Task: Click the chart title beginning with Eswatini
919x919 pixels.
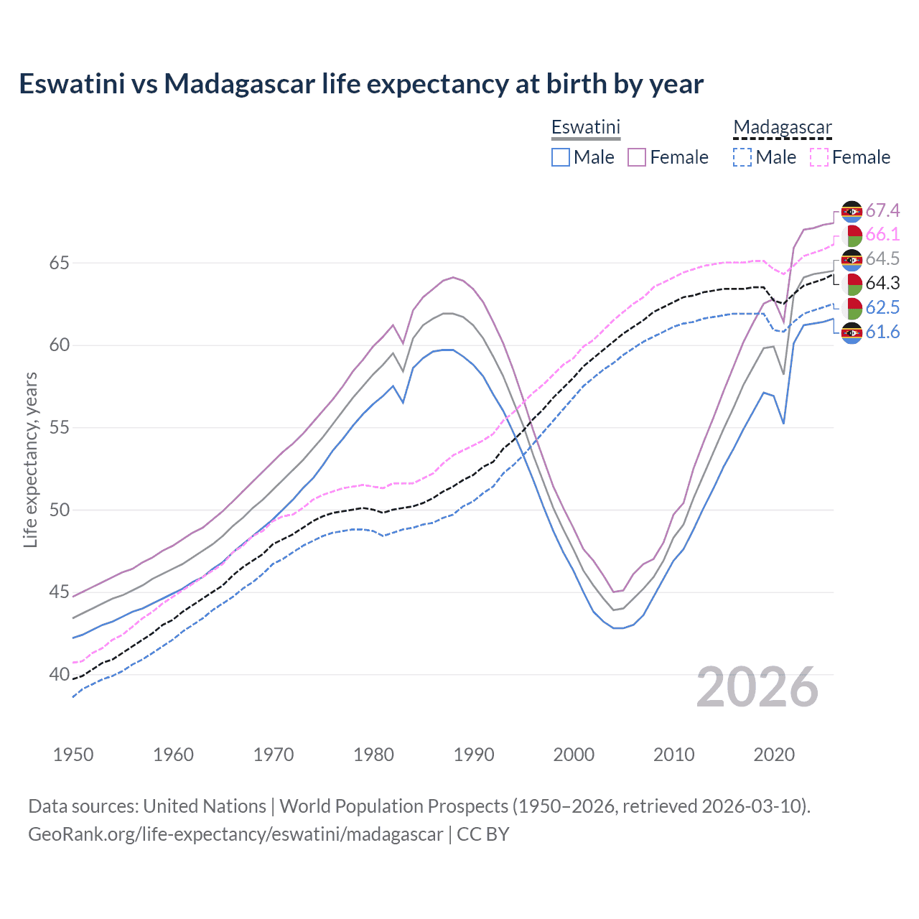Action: click(361, 84)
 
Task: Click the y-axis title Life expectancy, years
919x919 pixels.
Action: click(30, 459)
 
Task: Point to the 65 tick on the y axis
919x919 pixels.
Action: click(59, 263)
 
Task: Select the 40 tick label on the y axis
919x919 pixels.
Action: click(59, 675)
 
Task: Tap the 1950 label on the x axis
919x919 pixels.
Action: click(73, 755)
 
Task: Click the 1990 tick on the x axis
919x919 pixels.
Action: click(474, 755)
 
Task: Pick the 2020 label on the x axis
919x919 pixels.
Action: click(774, 755)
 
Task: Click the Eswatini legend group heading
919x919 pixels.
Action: click(585, 127)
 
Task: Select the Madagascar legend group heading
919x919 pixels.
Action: click(782, 127)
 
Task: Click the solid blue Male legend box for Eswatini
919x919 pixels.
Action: click(561, 157)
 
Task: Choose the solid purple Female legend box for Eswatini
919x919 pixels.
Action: click(637, 157)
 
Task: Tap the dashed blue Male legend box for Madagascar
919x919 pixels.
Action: click(742, 157)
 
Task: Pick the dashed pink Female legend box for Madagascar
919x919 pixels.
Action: click(818, 157)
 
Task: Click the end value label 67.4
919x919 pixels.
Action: click(882, 210)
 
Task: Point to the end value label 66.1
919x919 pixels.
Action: click(882, 235)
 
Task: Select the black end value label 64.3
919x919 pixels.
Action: click(882, 283)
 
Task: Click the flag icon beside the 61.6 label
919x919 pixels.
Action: click(852, 332)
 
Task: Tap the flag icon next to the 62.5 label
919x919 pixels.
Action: click(852, 307)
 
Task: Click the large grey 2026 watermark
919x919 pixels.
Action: click(757, 687)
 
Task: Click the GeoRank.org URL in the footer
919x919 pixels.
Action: click(235, 834)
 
